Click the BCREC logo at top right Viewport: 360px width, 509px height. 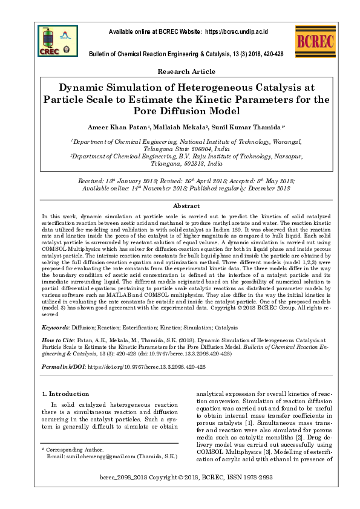click(312, 41)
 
